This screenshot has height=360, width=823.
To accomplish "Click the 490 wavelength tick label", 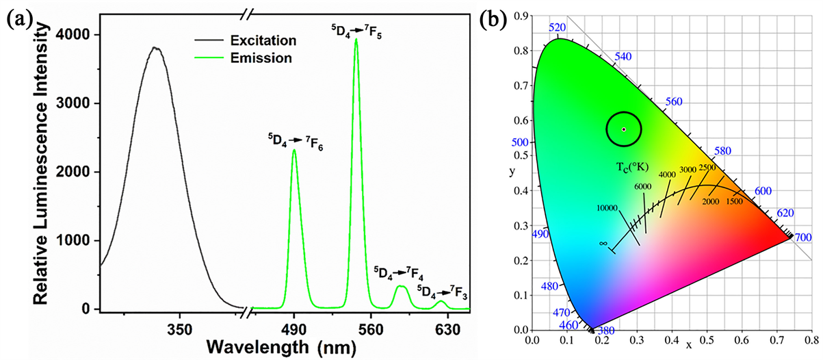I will (294, 328).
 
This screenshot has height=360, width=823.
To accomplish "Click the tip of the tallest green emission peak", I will (356, 39).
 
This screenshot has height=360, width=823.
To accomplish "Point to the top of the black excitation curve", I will (155, 47).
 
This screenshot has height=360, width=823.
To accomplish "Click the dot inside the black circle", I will (623, 129).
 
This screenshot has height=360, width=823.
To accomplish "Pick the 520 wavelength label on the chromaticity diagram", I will (558, 27).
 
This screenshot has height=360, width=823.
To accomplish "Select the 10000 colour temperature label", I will (608, 208).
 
